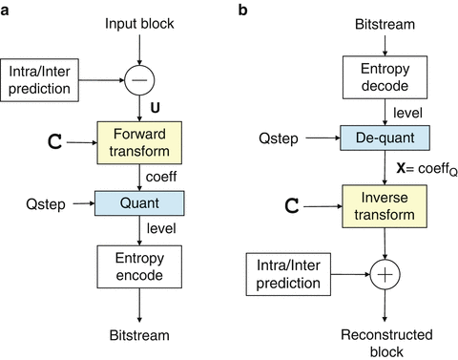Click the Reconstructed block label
(x=385, y=342)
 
